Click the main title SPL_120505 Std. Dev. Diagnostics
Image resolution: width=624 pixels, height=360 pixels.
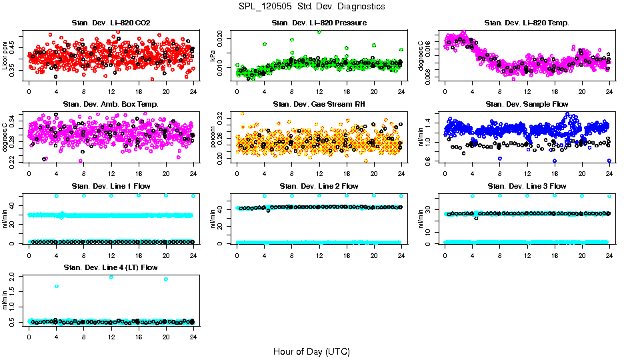tap(311, 7)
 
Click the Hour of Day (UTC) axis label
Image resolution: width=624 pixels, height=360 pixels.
tap(311, 351)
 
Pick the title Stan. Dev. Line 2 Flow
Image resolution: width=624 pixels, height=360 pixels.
tap(319, 186)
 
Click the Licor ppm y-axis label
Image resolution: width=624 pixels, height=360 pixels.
tap(5, 55)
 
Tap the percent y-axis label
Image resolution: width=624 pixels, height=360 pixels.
tap(213, 137)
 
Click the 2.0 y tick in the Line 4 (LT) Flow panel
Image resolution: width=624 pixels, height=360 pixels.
tap(15, 276)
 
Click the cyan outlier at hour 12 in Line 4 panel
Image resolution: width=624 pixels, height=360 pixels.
tap(111, 277)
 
